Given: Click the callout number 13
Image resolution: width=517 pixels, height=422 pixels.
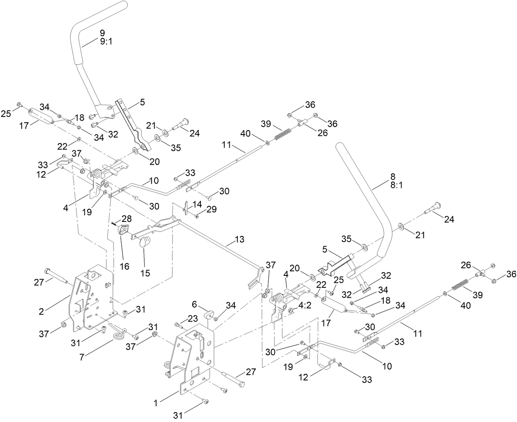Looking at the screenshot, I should [239, 239].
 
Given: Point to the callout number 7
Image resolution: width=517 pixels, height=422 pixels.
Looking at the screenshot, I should [82, 357].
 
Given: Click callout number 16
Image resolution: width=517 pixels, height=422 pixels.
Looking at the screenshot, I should [125, 266].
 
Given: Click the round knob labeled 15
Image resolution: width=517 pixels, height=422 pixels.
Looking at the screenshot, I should [143, 242].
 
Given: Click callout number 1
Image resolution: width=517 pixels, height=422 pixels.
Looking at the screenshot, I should [156, 404].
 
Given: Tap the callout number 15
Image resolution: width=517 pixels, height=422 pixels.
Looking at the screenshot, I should [145, 273].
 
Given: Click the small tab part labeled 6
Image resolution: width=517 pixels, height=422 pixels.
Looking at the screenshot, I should [210, 315].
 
